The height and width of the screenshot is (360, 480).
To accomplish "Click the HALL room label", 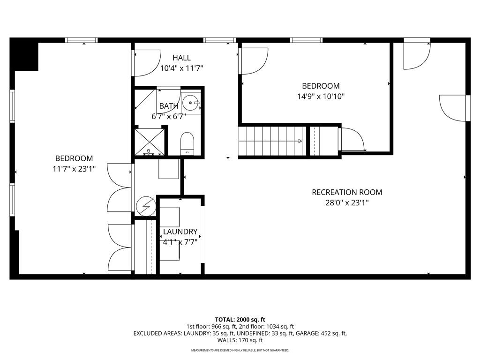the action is pos(181,58).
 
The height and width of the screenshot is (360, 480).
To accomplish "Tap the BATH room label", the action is pos(169,106).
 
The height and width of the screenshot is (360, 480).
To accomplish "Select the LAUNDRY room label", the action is pos(180,232).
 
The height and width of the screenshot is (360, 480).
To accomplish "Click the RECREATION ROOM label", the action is pos(347,192).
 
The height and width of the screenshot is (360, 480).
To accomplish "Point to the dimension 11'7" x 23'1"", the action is pos(75,169).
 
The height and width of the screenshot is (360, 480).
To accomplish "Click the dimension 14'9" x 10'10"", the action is pos(321,97).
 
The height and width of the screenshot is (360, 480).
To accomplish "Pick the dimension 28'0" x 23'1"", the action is pos(347,202).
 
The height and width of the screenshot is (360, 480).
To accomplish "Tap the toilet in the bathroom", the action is pos(187,143).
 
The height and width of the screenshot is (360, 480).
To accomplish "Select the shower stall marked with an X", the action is pos(150,142).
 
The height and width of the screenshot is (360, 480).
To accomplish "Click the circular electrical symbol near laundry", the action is pos(146,206).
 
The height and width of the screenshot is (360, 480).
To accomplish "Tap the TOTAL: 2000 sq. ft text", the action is pos(240,320).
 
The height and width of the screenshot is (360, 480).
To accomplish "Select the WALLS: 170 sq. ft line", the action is pos(240,340).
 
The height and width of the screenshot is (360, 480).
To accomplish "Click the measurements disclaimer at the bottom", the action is pos(240,350).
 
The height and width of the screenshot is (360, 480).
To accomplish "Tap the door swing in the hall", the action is pos(148,63).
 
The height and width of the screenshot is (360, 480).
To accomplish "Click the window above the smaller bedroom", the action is pos(306,40).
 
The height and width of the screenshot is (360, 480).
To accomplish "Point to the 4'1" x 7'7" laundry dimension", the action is pos(180,242).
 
